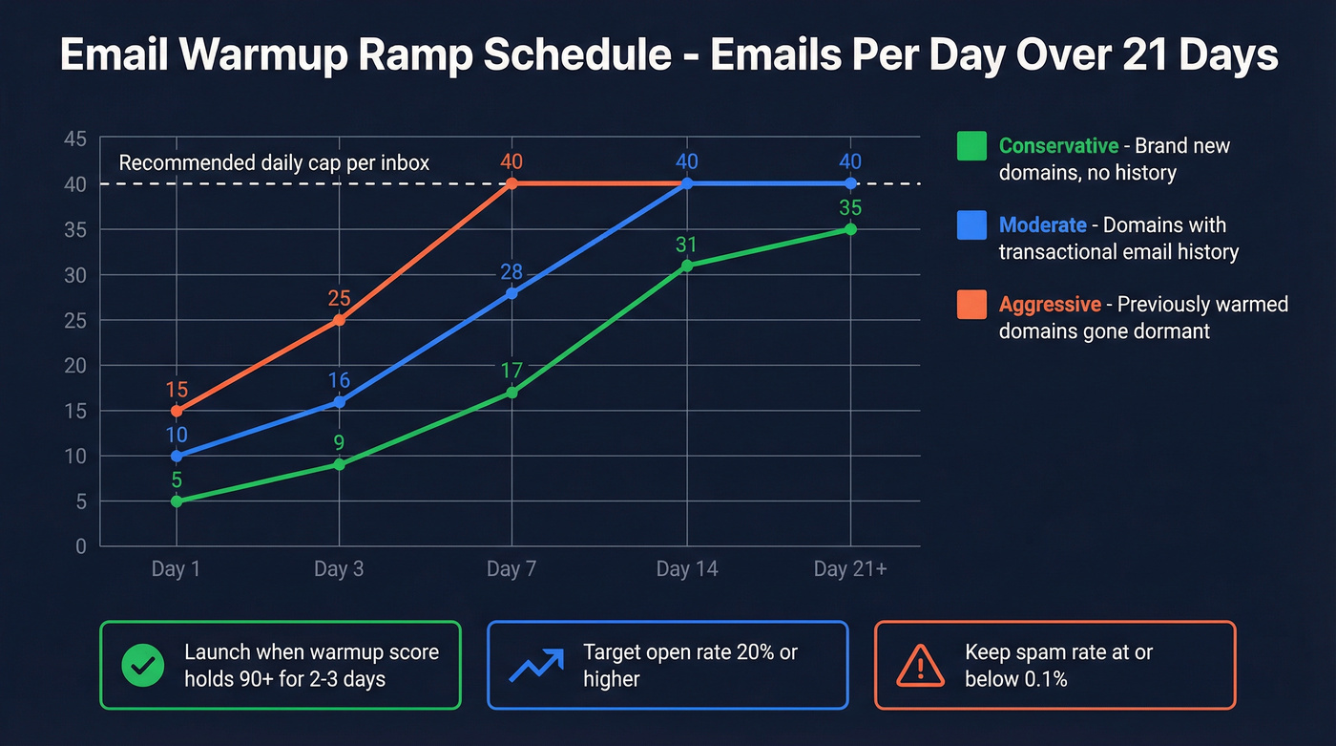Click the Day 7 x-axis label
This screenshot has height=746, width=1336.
click(x=511, y=569)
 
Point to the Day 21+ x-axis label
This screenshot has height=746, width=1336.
click(x=849, y=569)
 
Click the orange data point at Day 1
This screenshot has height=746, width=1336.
click(x=177, y=411)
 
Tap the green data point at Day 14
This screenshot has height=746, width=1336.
click(x=686, y=266)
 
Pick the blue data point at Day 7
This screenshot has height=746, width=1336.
click(x=511, y=293)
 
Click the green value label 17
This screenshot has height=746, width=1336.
click(x=511, y=370)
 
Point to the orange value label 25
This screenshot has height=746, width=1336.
click(x=339, y=298)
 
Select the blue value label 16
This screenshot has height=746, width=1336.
click(x=339, y=380)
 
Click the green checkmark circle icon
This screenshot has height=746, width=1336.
click(x=143, y=666)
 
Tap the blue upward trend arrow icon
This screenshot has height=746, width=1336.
click(x=534, y=666)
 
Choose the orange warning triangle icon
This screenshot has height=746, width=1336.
click(x=921, y=666)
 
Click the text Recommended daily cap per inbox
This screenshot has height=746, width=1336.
click(x=274, y=163)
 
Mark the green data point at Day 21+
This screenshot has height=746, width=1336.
click(x=850, y=229)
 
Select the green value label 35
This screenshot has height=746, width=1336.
click(x=850, y=207)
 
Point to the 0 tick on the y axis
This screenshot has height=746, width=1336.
click(x=80, y=546)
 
